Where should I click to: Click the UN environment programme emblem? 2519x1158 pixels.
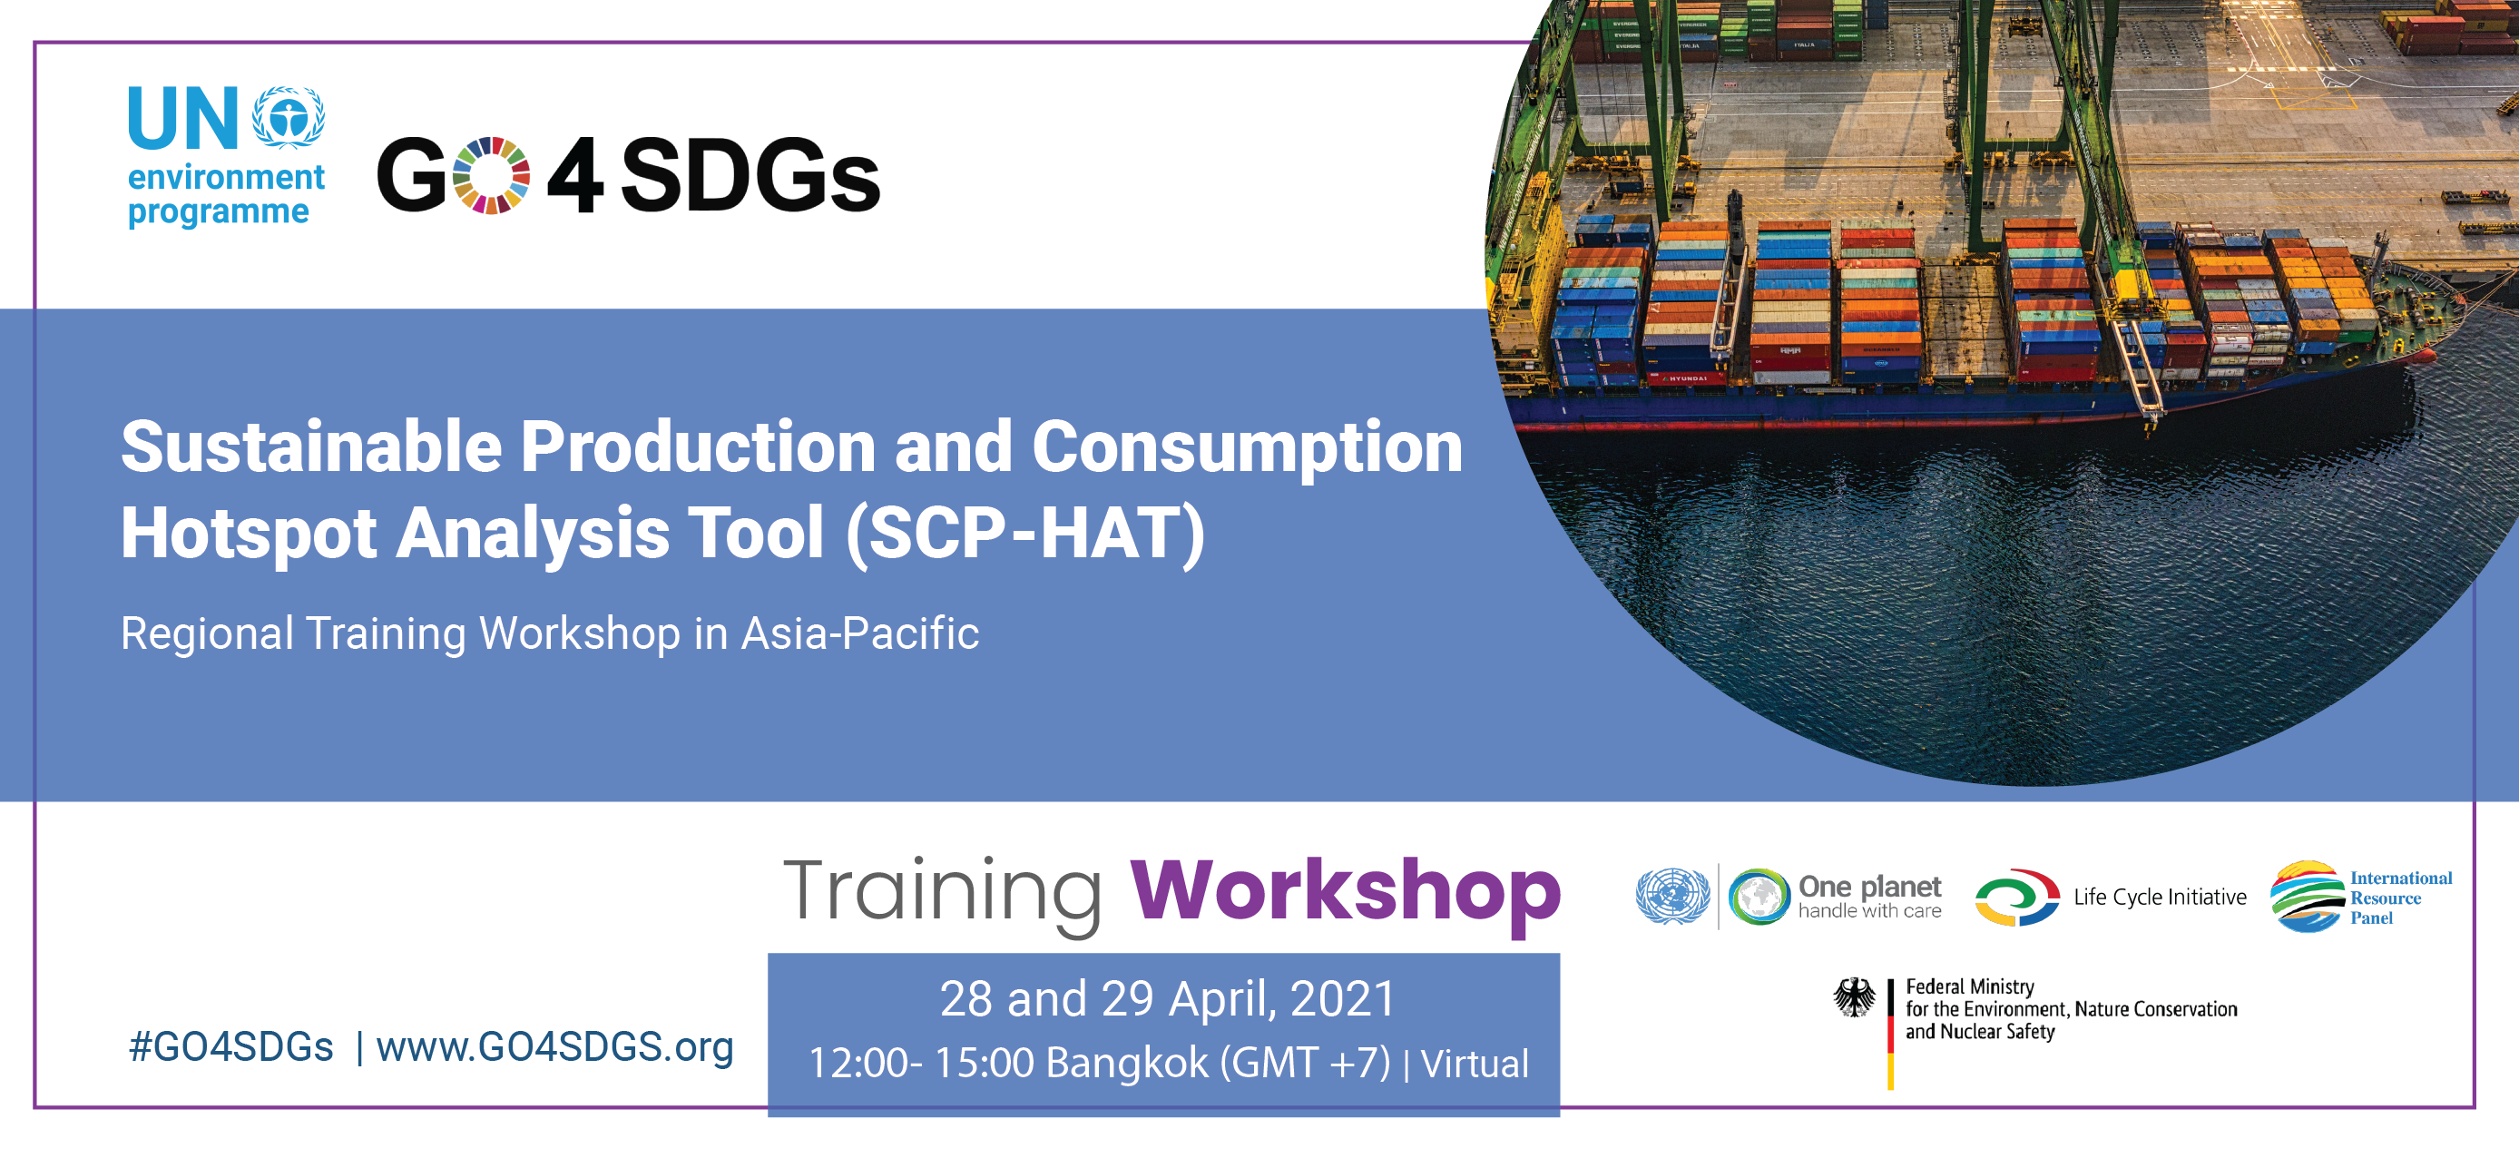click(x=289, y=117)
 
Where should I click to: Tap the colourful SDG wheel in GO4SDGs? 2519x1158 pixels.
click(x=492, y=176)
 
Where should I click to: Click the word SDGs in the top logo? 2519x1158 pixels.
click(x=750, y=176)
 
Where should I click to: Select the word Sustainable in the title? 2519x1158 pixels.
click(x=311, y=447)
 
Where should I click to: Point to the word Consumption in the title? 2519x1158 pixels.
click(x=1247, y=447)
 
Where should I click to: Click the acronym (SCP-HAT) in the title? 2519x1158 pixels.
click(x=1024, y=534)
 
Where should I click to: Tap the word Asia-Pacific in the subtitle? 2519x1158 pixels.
click(x=859, y=633)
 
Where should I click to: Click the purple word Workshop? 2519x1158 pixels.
click(x=1345, y=892)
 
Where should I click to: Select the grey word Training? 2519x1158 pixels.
click(x=943, y=892)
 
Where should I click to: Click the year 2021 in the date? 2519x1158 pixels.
click(x=1343, y=999)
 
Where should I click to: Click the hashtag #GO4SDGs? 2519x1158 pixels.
click(x=230, y=1047)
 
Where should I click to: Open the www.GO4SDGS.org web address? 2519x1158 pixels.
click(x=554, y=1047)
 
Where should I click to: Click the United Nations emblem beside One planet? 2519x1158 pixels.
click(x=1673, y=896)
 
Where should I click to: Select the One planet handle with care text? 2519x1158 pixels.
click(x=1868, y=897)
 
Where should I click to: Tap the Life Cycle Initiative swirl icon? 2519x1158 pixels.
click(x=2015, y=897)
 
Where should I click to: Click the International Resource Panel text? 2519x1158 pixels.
click(x=2400, y=898)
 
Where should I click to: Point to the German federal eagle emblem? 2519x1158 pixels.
click(x=1854, y=997)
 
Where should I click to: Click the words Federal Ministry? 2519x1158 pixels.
click(x=1969, y=986)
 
